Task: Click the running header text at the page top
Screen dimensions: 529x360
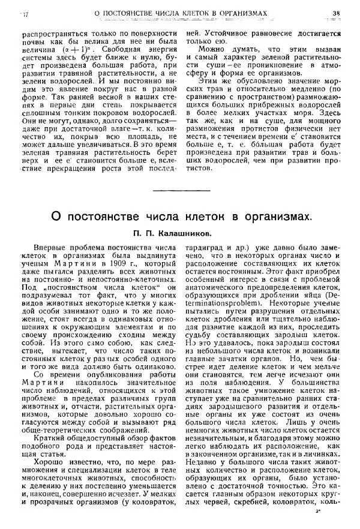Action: pos(179,13)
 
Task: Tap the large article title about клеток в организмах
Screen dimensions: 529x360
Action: pos(179,215)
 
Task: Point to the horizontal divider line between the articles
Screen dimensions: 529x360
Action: pos(179,191)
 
